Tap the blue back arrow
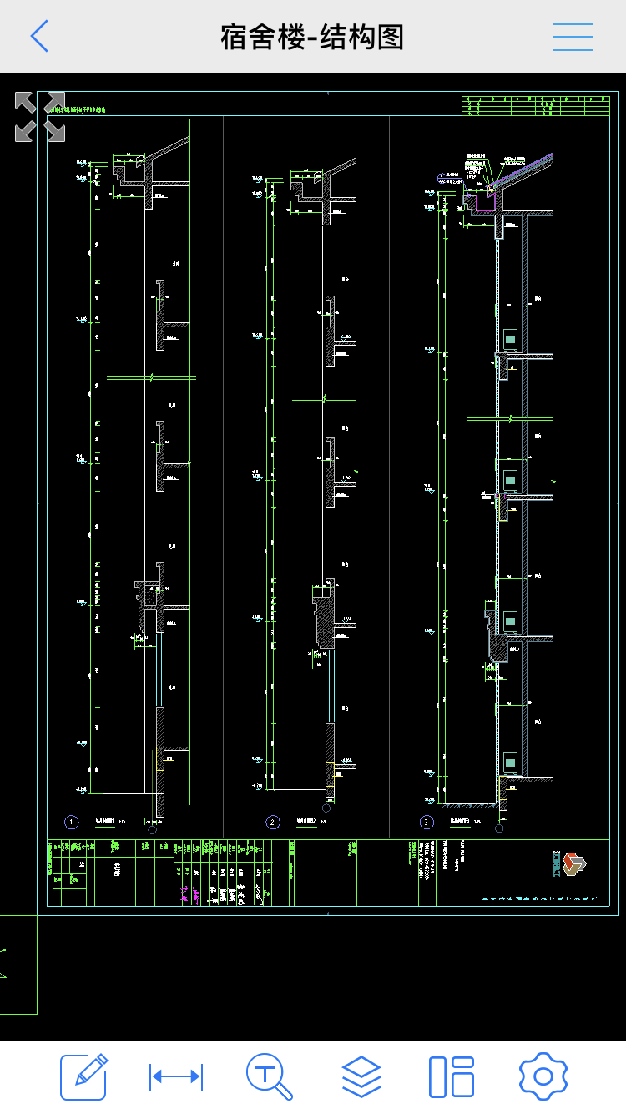39,37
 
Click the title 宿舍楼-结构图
312,38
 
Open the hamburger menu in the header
573,38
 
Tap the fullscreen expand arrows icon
40,117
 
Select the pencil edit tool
83,1076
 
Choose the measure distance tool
176,1076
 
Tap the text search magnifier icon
269,1076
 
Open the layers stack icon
361,1076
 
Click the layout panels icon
452,1076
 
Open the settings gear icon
543,1076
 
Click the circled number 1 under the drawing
72,823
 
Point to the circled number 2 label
273,823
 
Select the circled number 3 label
427,823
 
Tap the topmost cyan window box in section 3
510,339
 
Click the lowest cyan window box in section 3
510,762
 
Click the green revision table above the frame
535,105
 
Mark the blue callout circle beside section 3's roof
442,176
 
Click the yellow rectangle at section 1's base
159,758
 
